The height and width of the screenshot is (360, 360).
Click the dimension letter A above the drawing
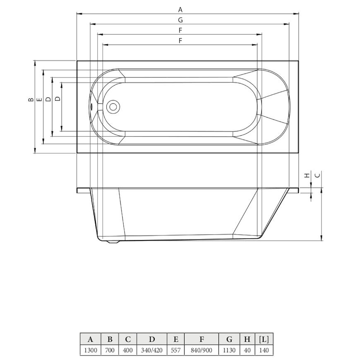[x=180, y=10]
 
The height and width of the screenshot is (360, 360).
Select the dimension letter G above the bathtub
[x=180, y=20]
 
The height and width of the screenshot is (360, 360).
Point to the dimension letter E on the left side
[x=40, y=99]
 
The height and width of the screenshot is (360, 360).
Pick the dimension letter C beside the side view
[x=317, y=175]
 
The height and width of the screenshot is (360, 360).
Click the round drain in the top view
[x=113, y=107]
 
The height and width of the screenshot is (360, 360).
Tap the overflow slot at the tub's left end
[x=92, y=107]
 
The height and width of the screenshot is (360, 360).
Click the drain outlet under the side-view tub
[x=113, y=242]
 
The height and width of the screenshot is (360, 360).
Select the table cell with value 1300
[x=91, y=350]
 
